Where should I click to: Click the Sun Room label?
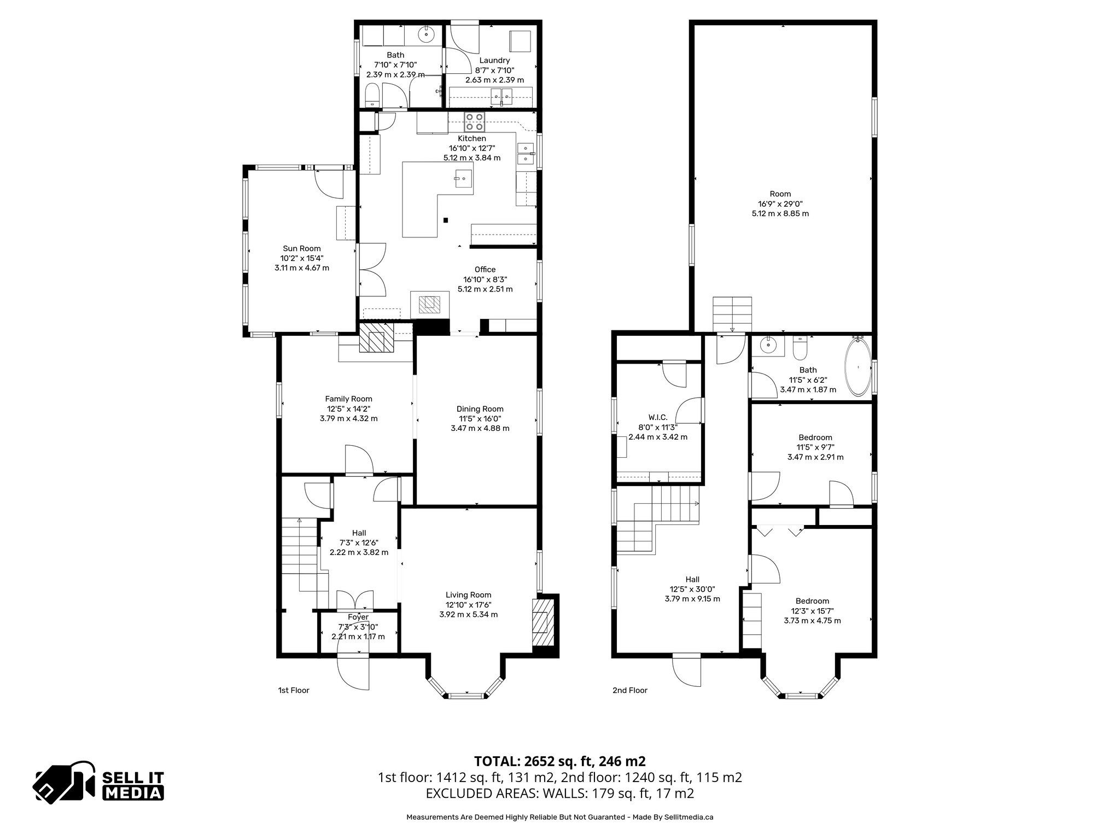pos(302,248)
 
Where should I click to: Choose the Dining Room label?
pos(480,409)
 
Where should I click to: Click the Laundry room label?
pos(494,60)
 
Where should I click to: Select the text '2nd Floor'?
pos(630,690)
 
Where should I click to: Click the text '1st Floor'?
pos(294,690)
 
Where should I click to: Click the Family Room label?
pos(348,399)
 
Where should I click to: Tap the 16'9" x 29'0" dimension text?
pos(780,203)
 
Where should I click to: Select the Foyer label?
pos(358,617)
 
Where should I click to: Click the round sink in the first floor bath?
pos(425,34)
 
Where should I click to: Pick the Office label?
pos(485,269)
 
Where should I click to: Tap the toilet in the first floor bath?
pos(372,96)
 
